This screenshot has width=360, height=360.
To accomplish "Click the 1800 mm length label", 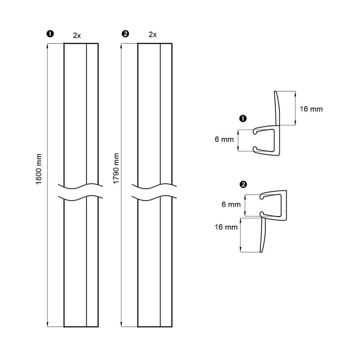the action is [x=39, y=169].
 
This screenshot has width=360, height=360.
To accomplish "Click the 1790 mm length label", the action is [x=117, y=168].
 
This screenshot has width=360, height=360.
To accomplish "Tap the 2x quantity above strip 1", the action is [x=77, y=36].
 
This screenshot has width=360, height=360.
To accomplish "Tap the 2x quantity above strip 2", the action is [x=153, y=35].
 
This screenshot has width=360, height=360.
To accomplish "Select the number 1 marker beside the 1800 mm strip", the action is [x=50, y=34].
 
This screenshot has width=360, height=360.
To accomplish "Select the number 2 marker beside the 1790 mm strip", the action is [x=126, y=34].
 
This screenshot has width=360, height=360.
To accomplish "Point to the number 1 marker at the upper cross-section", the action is [x=243, y=119].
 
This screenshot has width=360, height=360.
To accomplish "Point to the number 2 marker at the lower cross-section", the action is [x=243, y=184].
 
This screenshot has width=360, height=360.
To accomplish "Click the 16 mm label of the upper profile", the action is [x=311, y=109].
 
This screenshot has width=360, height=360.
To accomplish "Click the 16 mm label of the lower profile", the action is [x=226, y=227].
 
